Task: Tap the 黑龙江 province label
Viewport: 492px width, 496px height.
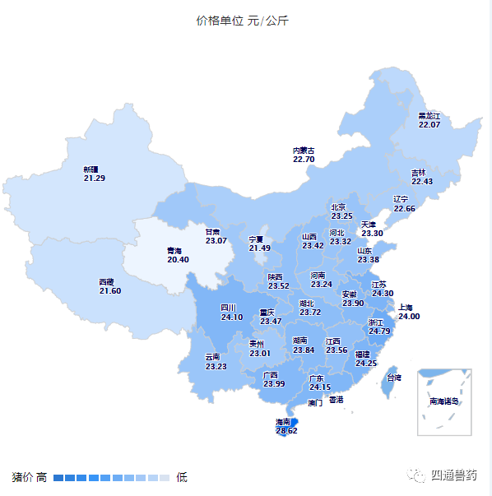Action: click(x=429, y=116)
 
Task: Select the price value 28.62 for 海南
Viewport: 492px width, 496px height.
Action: click(x=286, y=430)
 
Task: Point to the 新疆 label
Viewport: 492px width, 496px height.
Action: click(x=91, y=169)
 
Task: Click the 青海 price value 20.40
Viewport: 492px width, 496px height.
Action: click(x=178, y=259)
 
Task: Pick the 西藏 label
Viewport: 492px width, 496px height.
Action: click(x=107, y=282)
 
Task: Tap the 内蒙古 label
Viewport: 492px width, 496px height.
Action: click(x=304, y=151)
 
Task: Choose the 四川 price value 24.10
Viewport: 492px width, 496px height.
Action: click(x=232, y=318)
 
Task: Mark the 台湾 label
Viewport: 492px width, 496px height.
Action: click(x=394, y=378)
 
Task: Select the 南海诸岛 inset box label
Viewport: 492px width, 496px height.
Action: click(x=443, y=401)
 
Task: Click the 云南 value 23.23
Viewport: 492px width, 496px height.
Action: click(x=216, y=366)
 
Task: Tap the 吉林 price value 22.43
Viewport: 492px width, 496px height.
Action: click(x=422, y=181)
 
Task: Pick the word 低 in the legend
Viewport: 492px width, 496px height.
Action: click(x=182, y=477)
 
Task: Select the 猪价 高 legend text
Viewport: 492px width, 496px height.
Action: click(x=29, y=477)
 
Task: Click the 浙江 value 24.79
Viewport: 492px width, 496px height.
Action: click(x=379, y=331)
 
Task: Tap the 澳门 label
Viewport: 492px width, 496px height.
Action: click(x=315, y=403)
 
